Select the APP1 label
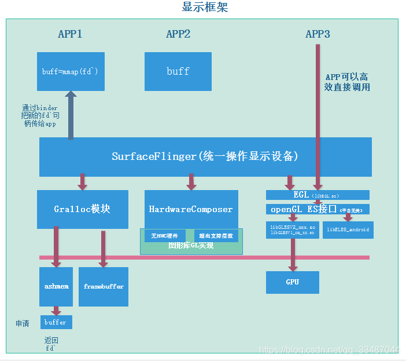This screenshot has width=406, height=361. (x=70, y=34)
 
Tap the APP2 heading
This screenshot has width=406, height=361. (x=178, y=34)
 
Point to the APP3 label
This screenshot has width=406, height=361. (x=318, y=34)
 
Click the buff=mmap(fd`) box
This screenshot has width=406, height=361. (x=71, y=71)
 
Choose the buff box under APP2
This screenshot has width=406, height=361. (x=178, y=71)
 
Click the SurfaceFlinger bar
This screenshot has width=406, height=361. (x=205, y=157)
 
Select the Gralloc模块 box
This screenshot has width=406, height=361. (x=82, y=209)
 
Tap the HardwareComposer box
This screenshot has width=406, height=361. (x=191, y=209)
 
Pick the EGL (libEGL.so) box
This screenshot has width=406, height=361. (x=318, y=195)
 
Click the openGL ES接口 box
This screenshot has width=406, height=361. (x=318, y=209)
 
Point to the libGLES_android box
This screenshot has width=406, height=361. (x=348, y=229)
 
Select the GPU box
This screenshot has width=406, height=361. (x=293, y=282)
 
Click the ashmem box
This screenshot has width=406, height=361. (x=56, y=286)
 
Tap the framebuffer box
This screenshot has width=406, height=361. (x=104, y=286)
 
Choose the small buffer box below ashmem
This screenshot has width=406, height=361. (x=56, y=322)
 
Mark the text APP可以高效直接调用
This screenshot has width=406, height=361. (x=346, y=82)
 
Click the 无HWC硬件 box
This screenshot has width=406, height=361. (x=164, y=236)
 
